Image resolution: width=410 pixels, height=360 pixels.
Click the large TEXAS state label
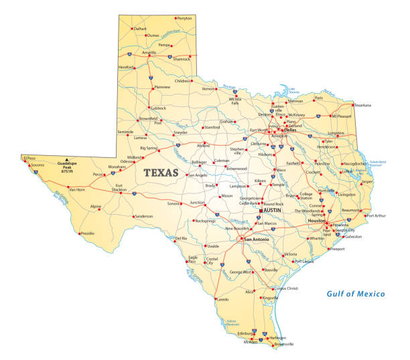coord(161,173)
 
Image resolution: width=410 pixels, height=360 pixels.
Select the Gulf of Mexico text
coord(356,294)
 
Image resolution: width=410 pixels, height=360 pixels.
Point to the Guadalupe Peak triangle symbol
coord(66,159)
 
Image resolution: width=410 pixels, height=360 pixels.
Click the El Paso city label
coord(29,158)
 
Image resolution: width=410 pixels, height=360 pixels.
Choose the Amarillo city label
coord(149,52)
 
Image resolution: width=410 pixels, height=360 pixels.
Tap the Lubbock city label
coord(159,107)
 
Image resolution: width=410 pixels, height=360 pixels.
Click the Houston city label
coord(316,221)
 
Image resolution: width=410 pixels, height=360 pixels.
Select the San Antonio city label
coord(257,240)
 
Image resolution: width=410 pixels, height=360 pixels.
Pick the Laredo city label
coord(222,299)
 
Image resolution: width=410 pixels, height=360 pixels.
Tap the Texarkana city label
coord(362,105)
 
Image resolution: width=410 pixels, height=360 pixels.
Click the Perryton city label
coord(184,18)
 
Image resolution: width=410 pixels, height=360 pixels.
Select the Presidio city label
coord(88,234)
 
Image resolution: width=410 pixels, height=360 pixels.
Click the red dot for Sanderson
coord(133,216)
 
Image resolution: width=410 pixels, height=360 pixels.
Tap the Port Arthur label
coord(375,215)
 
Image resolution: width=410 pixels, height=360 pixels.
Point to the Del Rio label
coord(181,238)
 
